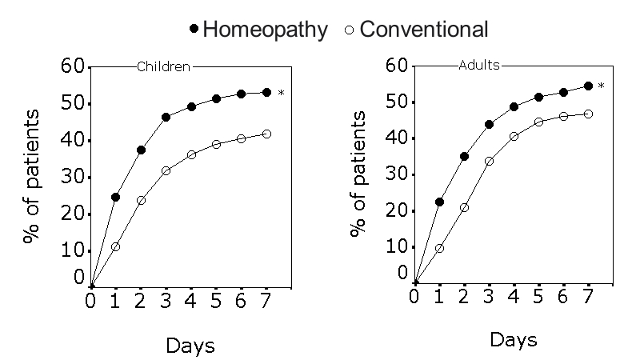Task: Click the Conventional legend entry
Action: point(414,30)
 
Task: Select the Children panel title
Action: point(164,67)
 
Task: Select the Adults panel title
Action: point(479,66)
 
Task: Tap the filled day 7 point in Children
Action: point(266,92)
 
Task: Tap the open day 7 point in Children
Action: point(266,134)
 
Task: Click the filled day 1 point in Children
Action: point(115,197)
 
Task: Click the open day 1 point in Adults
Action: point(439,248)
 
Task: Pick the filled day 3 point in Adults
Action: point(489,124)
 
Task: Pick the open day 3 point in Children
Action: point(166,170)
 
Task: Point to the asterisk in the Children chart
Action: point(281,94)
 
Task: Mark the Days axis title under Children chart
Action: point(190,346)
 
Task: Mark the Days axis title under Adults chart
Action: point(513,339)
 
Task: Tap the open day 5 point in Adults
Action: point(538,122)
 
